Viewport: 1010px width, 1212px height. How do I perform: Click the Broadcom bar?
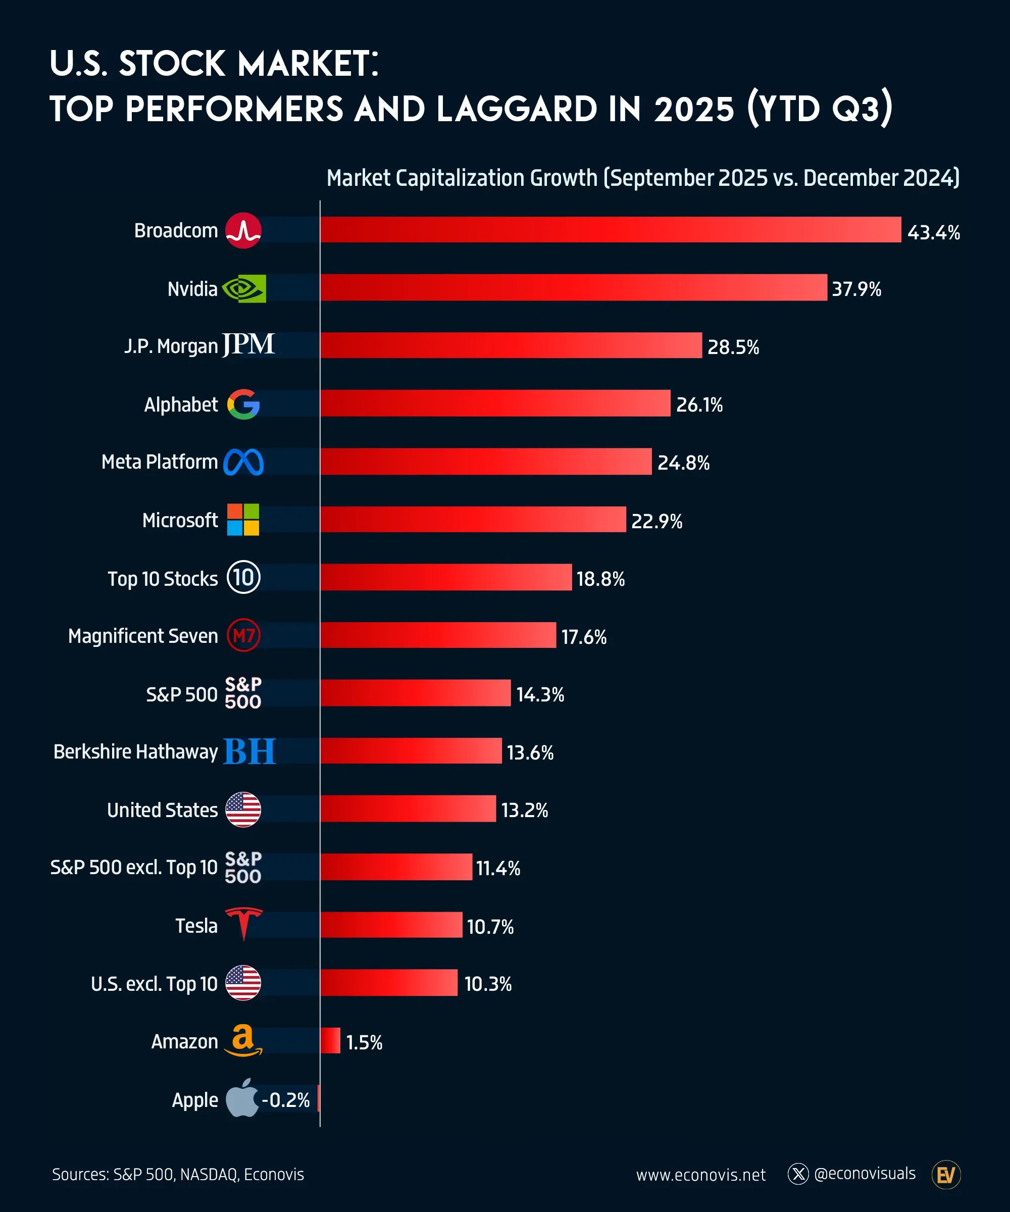[610, 230]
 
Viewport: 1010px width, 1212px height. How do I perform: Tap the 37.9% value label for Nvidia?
[856, 288]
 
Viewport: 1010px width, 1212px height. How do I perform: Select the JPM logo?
[248, 344]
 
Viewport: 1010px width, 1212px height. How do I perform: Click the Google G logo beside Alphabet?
[243, 404]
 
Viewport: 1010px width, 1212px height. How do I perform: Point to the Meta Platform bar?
[485, 462]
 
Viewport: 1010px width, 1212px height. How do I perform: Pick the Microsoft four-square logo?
[243, 520]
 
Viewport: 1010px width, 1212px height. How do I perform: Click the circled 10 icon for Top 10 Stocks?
[243, 577]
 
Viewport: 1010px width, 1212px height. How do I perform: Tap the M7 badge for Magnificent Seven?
[243, 635]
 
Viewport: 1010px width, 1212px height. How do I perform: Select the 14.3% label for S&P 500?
[540, 694]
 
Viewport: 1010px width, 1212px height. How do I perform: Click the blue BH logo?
[249, 751]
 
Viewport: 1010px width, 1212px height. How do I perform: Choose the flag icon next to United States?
[243, 809]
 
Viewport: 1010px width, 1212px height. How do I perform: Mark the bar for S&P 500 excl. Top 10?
[396, 867]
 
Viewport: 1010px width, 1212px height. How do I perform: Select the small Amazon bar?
[330, 1041]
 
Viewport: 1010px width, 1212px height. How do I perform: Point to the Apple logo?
[241, 1098]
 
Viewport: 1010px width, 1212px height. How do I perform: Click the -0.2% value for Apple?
[286, 1100]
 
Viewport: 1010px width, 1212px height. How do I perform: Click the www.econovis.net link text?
[700, 1175]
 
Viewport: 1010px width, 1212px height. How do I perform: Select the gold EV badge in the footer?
[945, 1175]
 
